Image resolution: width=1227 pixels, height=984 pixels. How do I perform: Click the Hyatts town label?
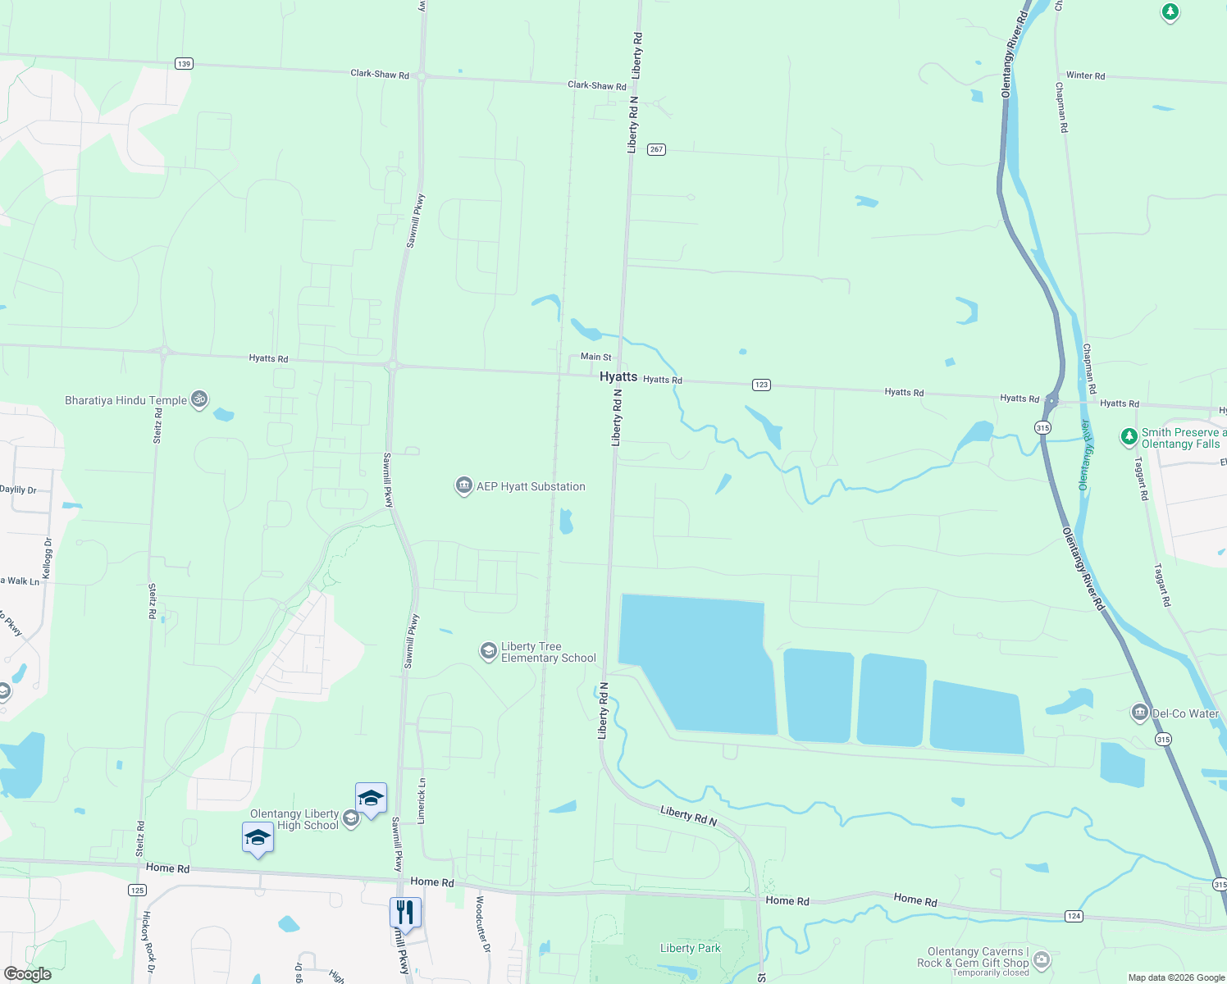point(618,376)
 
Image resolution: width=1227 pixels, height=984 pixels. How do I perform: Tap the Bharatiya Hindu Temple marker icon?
point(198,399)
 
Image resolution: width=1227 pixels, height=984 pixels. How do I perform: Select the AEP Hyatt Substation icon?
point(464,486)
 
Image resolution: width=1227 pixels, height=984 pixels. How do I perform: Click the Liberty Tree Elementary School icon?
point(489,652)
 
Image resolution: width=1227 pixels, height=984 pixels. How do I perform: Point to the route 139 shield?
point(184,64)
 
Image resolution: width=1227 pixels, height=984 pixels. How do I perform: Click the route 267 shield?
point(656,149)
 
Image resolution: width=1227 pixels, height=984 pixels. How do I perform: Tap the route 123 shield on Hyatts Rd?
point(761,385)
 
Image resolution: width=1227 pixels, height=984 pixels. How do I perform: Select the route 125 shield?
point(137,890)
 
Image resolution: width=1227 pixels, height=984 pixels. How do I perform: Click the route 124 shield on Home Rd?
point(1074,916)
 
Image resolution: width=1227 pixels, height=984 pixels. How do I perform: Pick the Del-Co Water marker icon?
point(1139,713)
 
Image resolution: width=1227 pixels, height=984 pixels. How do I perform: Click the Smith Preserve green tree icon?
point(1129,437)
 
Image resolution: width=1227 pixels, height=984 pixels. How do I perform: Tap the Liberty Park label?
point(690,948)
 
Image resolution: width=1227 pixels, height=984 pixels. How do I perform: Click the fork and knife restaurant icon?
point(405,911)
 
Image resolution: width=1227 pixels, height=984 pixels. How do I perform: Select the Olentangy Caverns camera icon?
point(1041,959)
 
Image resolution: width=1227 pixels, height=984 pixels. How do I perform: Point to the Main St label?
point(595,357)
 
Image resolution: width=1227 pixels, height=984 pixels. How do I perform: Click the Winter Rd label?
point(1085,75)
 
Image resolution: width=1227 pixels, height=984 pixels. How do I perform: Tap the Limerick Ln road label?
point(422,801)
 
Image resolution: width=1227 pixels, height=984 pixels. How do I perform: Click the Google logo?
point(28,974)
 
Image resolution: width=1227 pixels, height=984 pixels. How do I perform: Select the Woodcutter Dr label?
point(482,923)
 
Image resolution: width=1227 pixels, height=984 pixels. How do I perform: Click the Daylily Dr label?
point(18,490)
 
